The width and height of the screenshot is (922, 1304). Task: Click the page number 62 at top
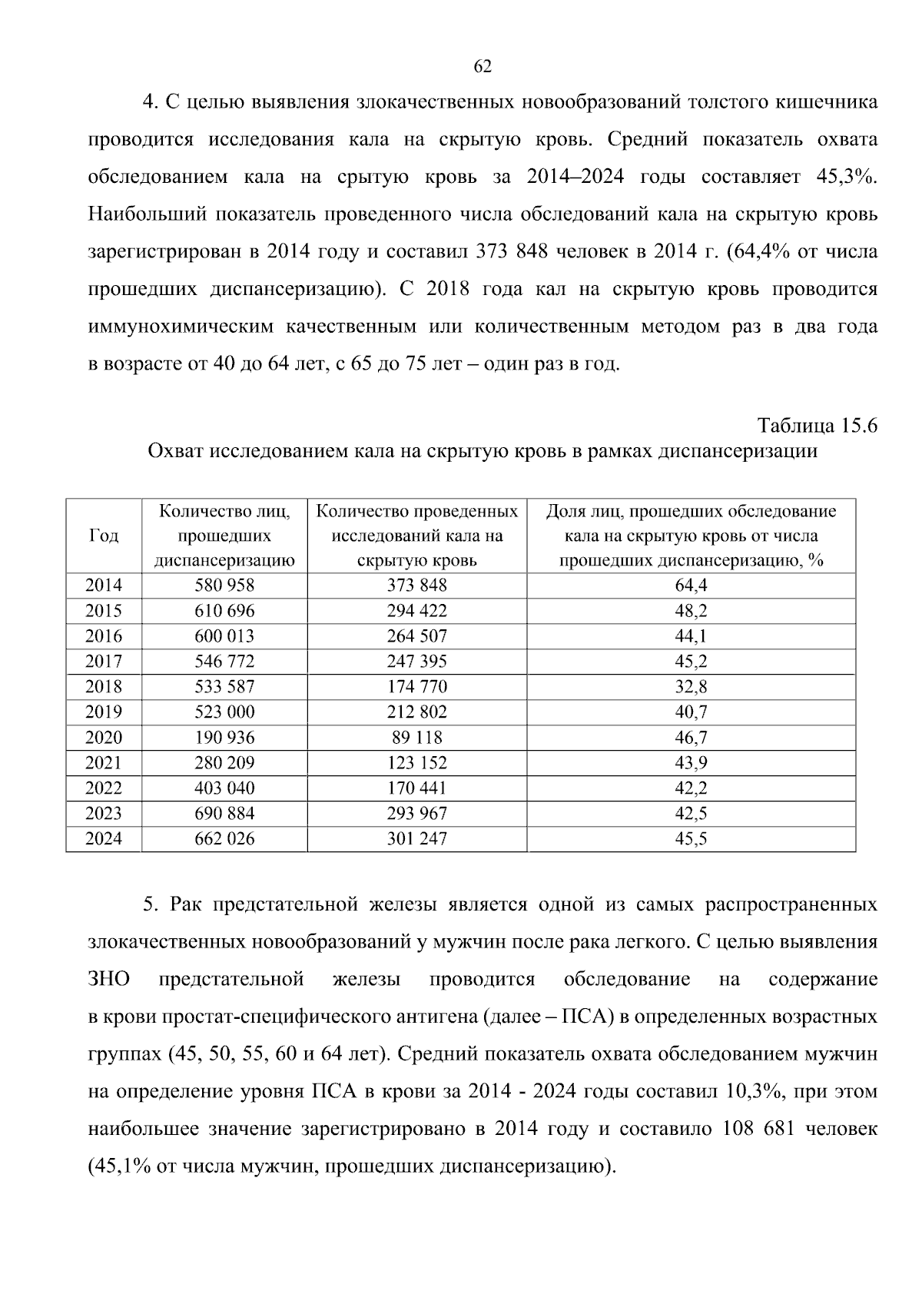tap(483, 67)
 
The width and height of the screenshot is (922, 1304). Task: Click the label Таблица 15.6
tap(818, 426)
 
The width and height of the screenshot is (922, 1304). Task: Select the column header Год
tap(104, 536)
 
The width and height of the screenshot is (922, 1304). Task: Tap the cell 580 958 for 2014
tap(224, 586)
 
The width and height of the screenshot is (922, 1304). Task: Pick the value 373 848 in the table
tap(416, 586)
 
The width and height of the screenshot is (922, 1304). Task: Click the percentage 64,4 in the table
tap(691, 586)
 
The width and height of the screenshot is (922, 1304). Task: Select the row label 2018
tap(104, 687)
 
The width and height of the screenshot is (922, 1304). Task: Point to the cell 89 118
tap(416, 738)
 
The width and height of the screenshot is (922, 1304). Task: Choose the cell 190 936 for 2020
tap(224, 738)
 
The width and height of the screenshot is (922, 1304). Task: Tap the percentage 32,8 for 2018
tap(691, 687)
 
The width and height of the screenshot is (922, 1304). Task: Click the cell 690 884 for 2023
tap(224, 814)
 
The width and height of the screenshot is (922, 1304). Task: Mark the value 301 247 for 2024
tap(416, 839)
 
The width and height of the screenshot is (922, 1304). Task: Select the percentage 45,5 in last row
tap(691, 839)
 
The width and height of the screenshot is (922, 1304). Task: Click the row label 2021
tap(104, 763)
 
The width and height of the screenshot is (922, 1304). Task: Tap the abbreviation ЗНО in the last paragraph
tap(109, 980)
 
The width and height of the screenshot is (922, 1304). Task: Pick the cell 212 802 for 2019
tap(416, 712)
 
